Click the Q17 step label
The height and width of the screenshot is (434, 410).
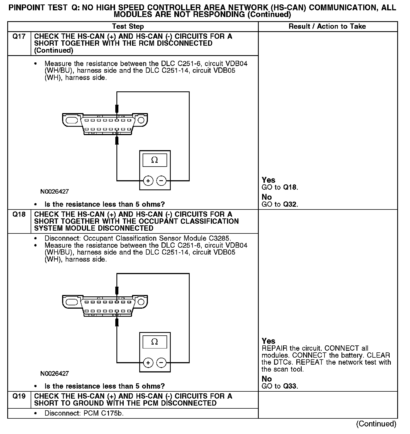(x=19, y=36)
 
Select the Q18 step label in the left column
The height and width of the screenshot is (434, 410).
(x=19, y=214)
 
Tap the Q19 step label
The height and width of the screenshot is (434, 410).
(x=19, y=396)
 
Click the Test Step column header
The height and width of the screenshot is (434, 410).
(x=128, y=26)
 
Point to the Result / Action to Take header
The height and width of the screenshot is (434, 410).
(x=327, y=26)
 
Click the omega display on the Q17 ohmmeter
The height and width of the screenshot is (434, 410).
(x=155, y=160)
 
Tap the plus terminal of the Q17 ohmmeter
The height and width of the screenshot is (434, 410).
(x=148, y=181)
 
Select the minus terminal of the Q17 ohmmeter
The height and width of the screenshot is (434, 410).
(x=161, y=181)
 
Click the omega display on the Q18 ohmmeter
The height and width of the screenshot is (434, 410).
(x=155, y=342)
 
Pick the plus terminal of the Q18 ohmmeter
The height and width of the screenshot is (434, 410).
(x=148, y=363)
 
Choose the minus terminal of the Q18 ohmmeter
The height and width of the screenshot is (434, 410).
(x=161, y=363)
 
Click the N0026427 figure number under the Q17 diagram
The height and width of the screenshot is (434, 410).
(x=54, y=192)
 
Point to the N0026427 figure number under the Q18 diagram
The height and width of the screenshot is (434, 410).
(x=54, y=374)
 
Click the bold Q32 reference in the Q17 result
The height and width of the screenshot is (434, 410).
(x=290, y=204)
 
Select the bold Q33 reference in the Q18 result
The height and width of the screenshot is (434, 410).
(x=290, y=386)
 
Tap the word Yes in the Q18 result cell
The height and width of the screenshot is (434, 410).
(x=269, y=341)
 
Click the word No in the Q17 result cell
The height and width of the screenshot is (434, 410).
(x=267, y=197)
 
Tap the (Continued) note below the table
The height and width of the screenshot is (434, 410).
(x=376, y=424)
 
